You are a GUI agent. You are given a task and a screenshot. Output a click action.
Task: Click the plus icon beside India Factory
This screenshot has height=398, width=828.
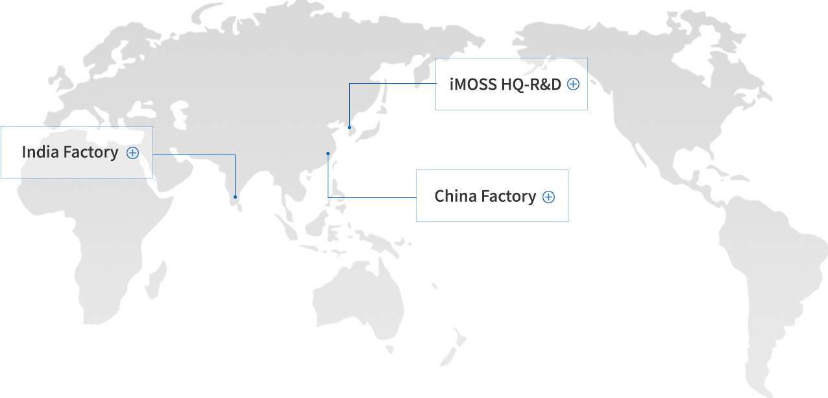(133, 153)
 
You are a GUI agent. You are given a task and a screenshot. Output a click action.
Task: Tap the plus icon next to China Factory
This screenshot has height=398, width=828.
(548, 197)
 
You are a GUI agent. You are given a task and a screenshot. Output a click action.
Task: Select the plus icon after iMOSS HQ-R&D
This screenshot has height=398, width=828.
(574, 84)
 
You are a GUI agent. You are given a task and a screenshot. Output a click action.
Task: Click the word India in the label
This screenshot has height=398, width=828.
(40, 152)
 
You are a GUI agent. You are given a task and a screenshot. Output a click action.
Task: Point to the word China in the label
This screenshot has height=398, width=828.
(456, 196)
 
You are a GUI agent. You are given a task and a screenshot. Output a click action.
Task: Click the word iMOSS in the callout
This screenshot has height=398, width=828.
(473, 84)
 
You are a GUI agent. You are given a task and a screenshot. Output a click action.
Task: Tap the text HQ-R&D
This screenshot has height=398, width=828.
(531, 84)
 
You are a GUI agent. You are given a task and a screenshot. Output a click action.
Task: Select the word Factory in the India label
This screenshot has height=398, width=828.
(91, 153)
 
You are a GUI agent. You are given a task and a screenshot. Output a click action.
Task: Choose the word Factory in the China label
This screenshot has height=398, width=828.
(508, 197)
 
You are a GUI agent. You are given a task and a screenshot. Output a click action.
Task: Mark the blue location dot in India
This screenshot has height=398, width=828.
(235, 197)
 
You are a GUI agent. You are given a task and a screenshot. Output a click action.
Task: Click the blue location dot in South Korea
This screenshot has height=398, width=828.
(349, 128)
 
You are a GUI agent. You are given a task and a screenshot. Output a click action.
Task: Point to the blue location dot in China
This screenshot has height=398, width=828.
(328, 153)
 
